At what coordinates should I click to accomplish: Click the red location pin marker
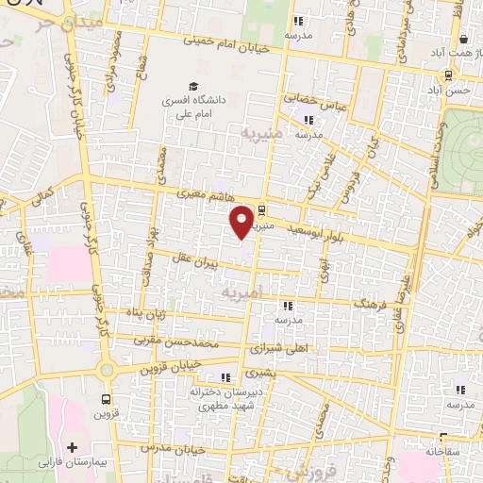242,221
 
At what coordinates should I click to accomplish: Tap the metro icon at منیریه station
262,212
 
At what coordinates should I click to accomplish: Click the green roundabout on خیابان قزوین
107,370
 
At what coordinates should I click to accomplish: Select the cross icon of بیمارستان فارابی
72,445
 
